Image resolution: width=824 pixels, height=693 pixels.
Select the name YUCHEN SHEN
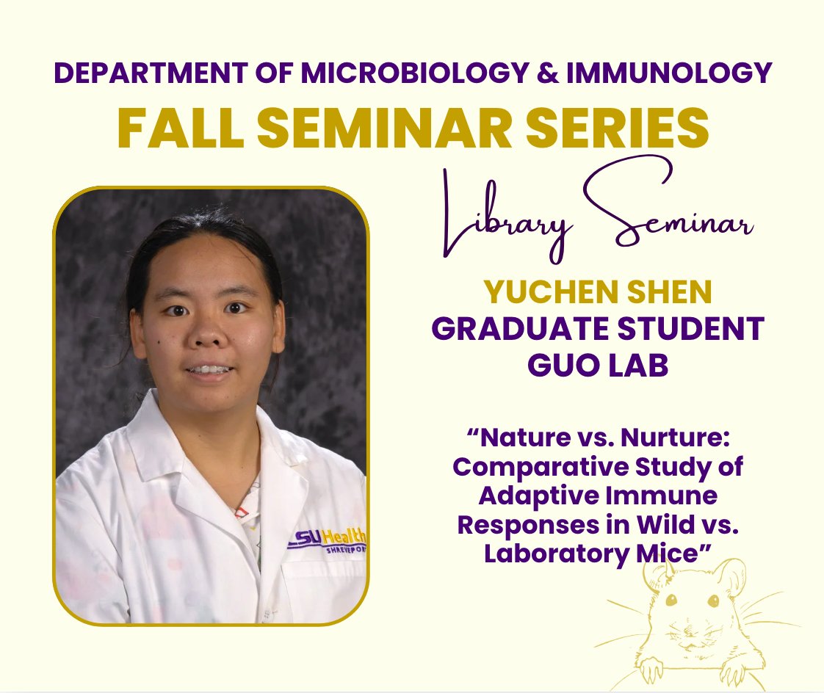point(597,293)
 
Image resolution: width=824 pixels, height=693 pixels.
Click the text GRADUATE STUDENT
point(597,328)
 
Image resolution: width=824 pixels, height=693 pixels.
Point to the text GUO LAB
point(597,364)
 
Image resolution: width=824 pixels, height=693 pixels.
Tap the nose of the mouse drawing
point(687,636)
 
